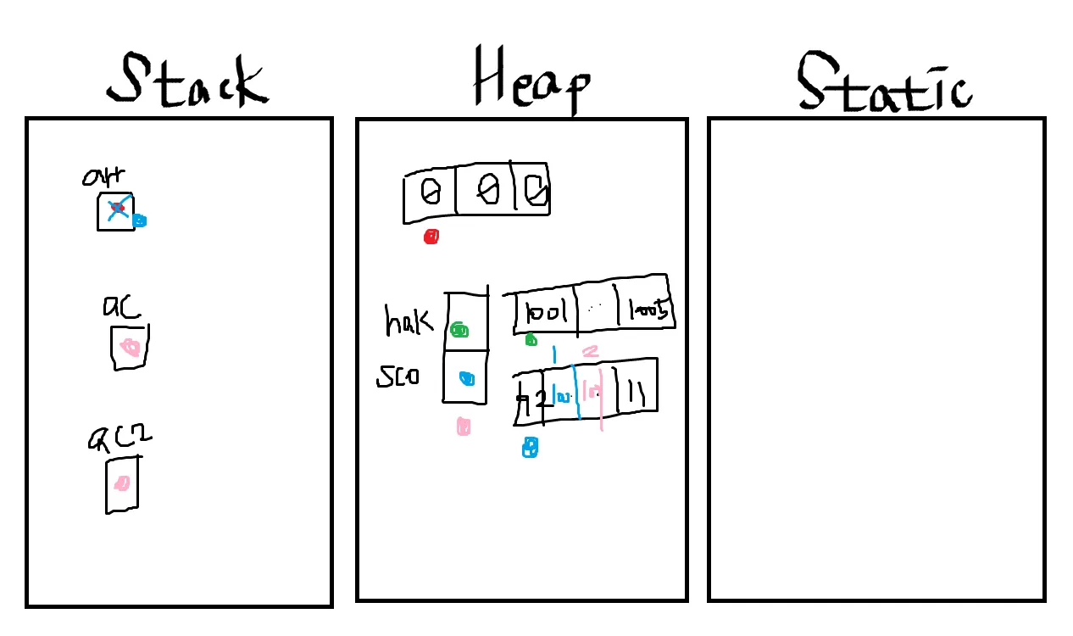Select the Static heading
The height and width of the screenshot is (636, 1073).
pos(884,82)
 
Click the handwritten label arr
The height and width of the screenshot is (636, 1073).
pos(104,176)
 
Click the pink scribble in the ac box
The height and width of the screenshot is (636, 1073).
pos(130,347)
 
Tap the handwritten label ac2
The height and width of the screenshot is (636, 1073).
pos(120,438)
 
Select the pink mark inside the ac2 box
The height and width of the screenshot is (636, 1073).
pos(122,483)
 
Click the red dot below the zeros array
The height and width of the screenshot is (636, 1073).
pos(431,237)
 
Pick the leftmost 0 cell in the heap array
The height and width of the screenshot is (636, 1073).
pos(431,193)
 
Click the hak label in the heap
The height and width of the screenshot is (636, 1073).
pos(408,321)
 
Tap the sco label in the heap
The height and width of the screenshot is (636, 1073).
pos(398,377)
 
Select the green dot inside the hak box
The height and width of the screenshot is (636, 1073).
pos(459,329)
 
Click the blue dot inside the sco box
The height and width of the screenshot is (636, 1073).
pos(466,379)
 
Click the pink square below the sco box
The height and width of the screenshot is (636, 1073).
pos(463,426)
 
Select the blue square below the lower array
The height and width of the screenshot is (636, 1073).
pos(530,447)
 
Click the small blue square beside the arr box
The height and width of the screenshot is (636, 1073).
pos(140,220)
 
